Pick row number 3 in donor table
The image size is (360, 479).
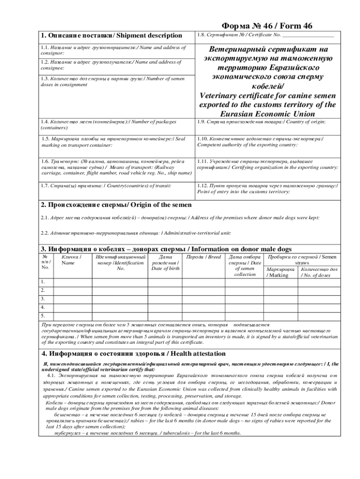[43, 298]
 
